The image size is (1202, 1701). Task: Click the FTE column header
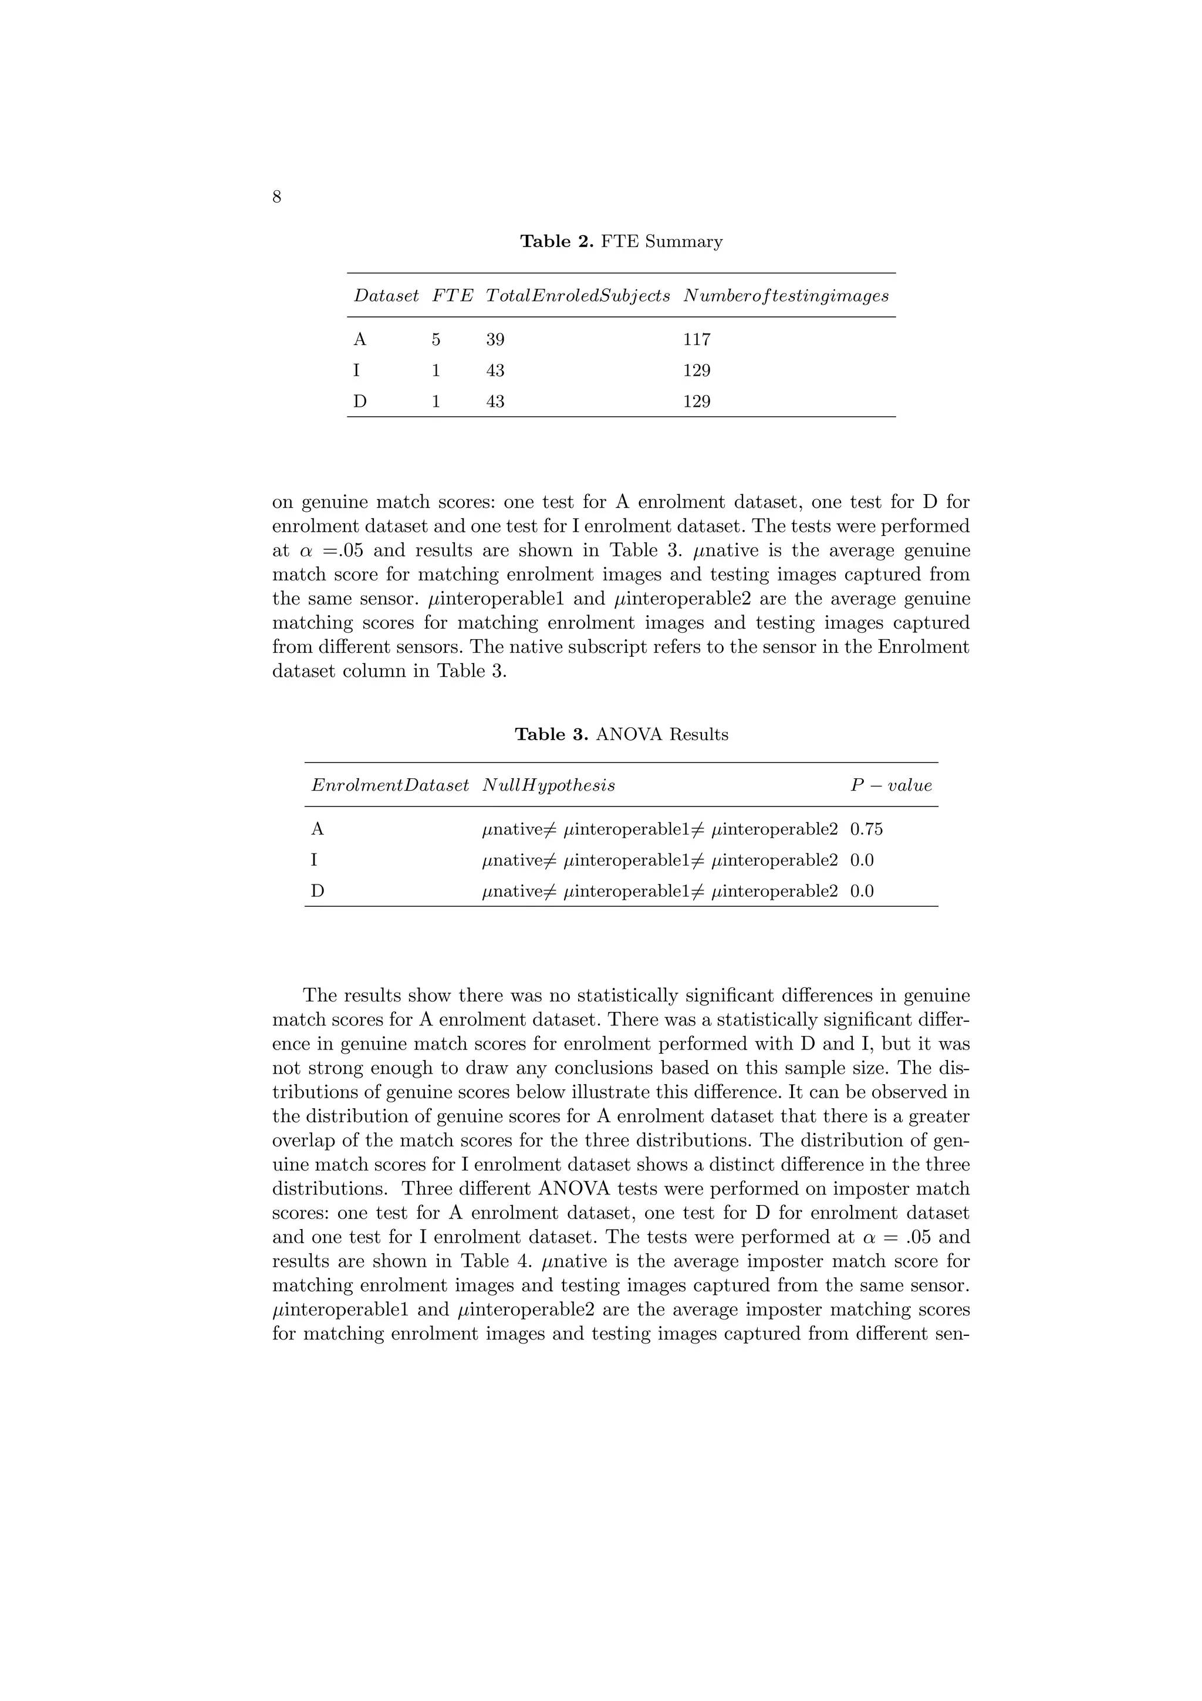point(453,296)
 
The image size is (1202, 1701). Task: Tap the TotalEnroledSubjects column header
point(578,296)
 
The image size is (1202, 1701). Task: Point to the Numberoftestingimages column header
point(786,296)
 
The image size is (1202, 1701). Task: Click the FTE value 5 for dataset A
point(436,339)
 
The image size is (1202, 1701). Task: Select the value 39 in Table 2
point(495,339)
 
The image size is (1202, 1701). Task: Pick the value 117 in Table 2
point(697,339)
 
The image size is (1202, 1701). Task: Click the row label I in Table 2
point(356,370)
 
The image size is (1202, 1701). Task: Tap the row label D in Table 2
point(360,401)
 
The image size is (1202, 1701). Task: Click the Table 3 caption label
point(552,734)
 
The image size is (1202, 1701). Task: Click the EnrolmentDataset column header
point(390,785)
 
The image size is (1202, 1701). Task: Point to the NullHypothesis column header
point(548,785)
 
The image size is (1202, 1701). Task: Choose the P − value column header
point(891,785)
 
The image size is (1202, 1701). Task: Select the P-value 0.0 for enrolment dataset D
point(862,891)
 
